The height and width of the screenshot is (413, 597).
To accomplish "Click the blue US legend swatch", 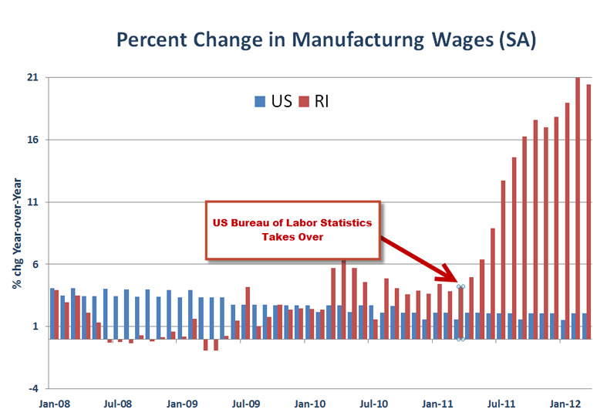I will pos(260,101).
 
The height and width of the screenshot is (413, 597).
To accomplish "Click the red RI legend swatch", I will pos(305,101).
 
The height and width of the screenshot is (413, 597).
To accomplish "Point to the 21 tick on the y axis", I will pos(34,78).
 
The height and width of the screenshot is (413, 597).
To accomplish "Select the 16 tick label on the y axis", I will pos(34,140).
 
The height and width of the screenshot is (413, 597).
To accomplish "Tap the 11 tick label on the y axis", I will pos(34,202).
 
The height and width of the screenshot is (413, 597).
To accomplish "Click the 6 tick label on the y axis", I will pos(36,264).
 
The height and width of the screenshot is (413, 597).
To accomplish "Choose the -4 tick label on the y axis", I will pos(35,388).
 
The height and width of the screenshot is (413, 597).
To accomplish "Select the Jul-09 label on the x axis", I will pos(245,403).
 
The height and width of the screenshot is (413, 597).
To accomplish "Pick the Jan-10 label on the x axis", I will pos(309,403).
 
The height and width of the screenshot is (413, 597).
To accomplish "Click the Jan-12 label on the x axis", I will pos(565,403).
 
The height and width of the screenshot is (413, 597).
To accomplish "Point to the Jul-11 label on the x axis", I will pos(501,403).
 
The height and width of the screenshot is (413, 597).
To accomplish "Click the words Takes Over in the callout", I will pos(292,238).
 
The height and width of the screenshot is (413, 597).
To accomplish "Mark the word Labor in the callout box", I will pos(294,223).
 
